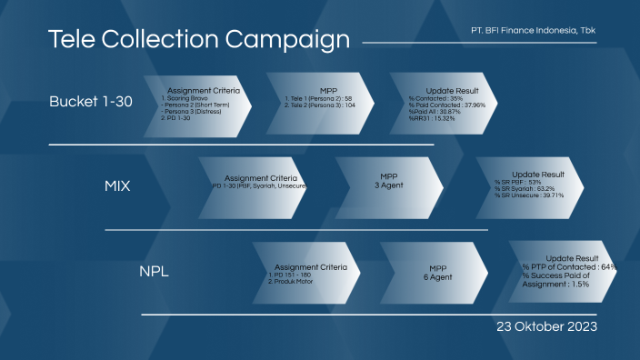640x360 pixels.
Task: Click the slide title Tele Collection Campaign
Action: pos(198,39)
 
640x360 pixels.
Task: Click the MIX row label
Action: pos(117,186)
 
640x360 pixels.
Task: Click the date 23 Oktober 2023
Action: pos(546,325)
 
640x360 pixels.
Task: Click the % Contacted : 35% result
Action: pos(437,98)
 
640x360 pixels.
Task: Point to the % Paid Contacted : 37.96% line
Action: pos(446,105)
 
